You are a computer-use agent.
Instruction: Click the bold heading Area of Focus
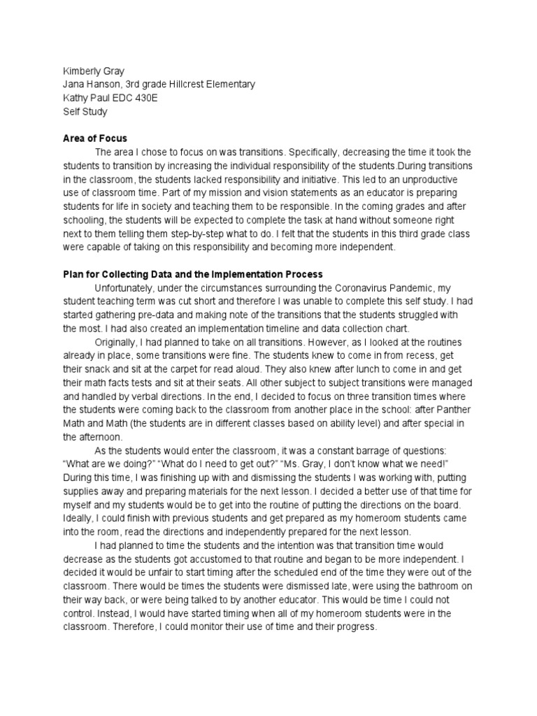95,138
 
